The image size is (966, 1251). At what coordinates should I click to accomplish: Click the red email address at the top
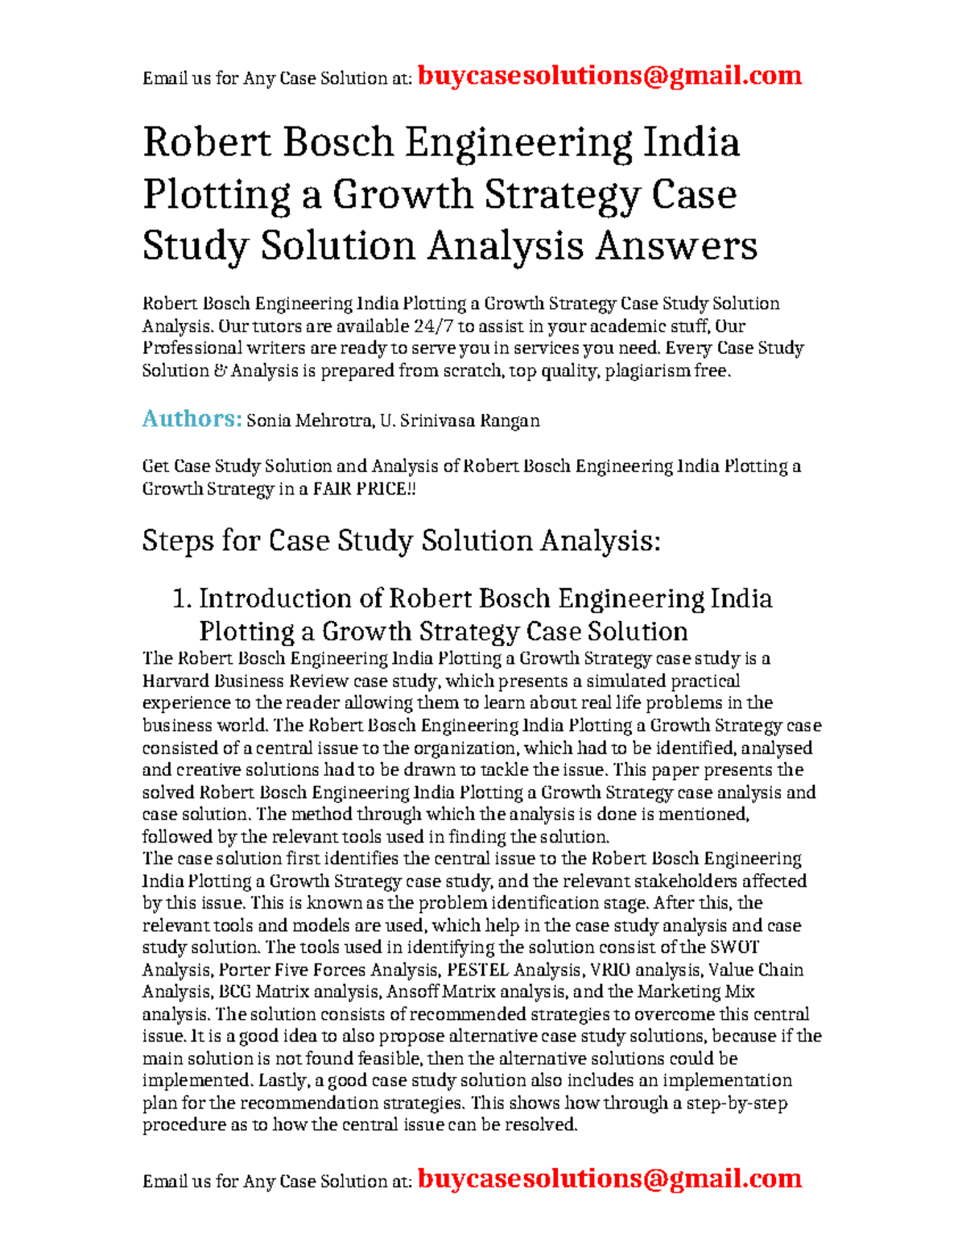click(609, 76)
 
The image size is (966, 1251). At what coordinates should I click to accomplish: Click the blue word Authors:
click(192, 419)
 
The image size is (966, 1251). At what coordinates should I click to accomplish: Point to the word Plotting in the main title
click(217, 194)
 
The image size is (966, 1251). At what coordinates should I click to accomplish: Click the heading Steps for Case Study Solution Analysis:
click(401, 541)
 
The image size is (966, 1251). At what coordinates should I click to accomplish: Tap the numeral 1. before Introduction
click(182, 599)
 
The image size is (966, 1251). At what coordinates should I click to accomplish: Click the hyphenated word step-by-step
click(736, 1103)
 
